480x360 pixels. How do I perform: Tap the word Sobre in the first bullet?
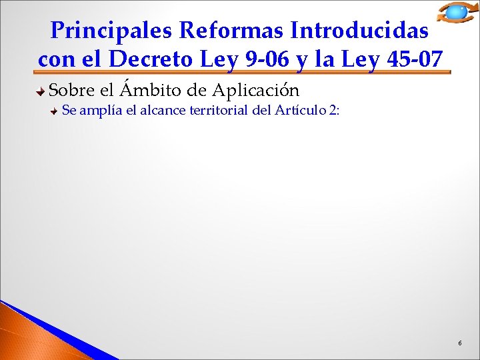coord(69,89)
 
